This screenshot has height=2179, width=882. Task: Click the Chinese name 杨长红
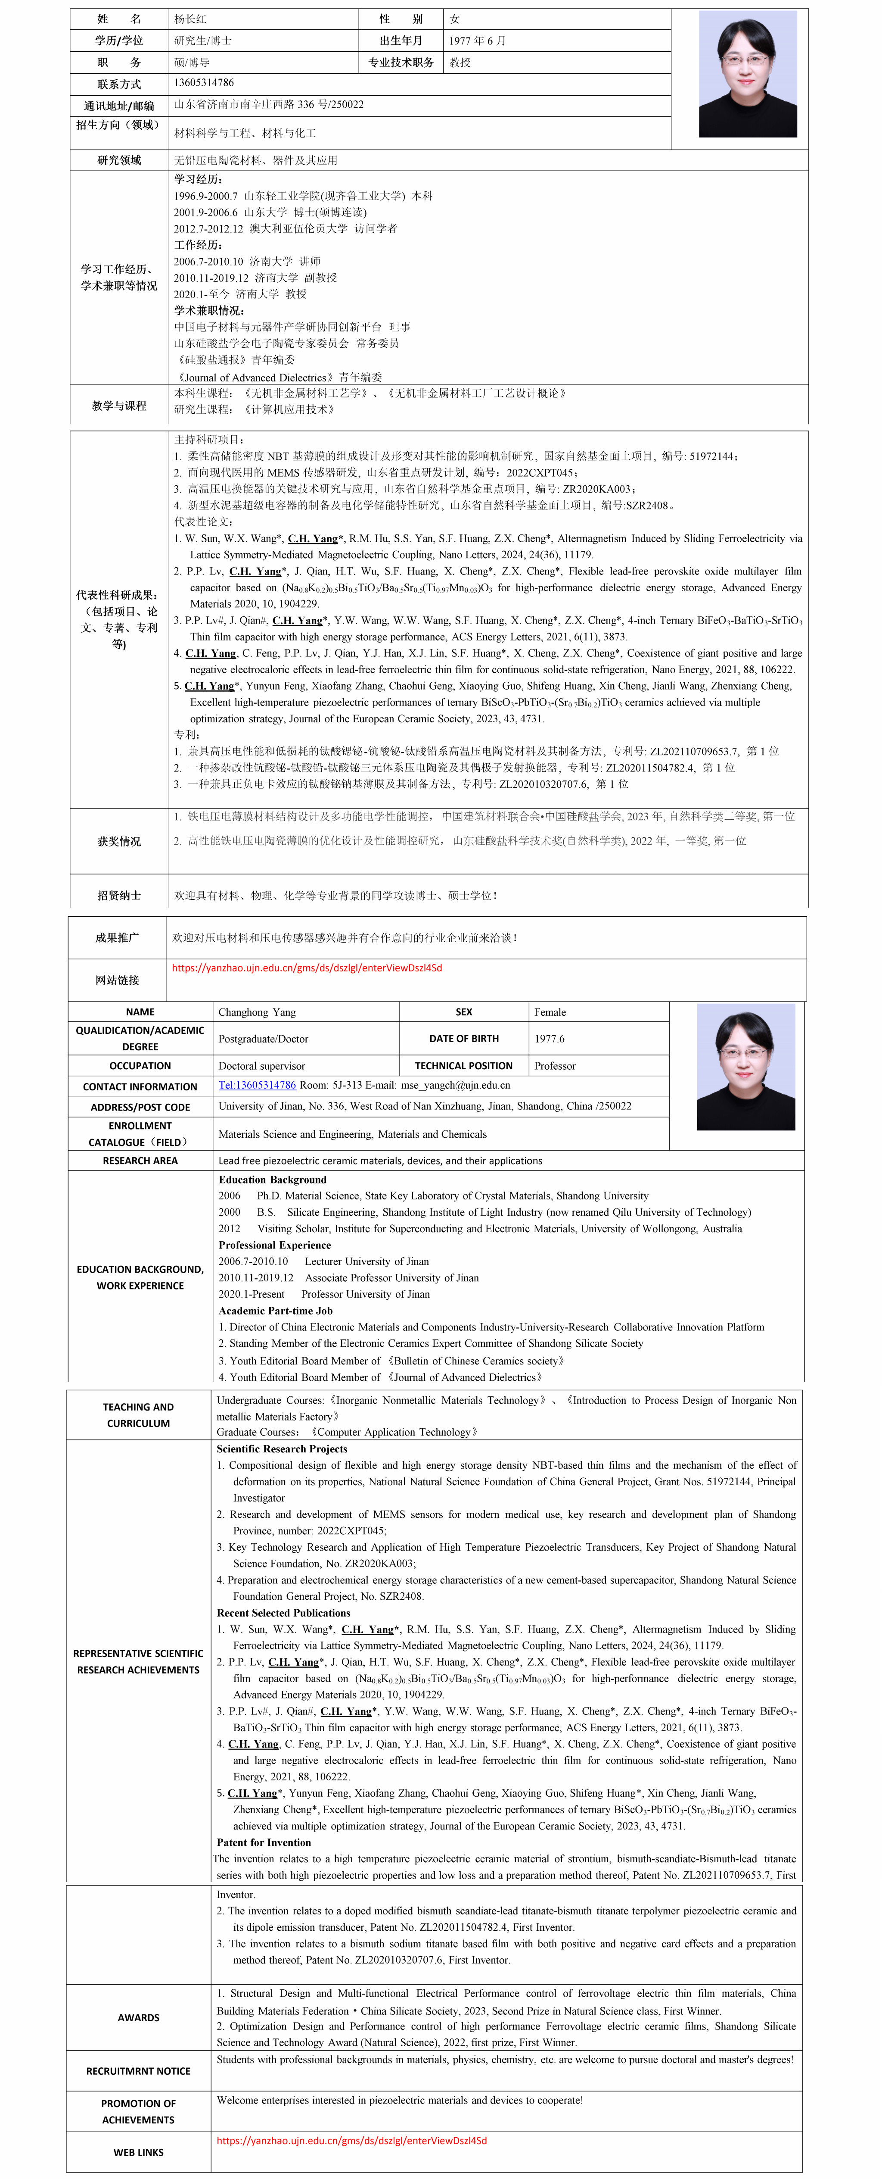[x=190, y=19]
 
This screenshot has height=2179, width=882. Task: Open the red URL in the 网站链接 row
[x=307, y=968]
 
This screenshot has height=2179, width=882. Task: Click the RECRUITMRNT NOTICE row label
[x=139, y=2071]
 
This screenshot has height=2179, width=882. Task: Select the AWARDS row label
[x=139, y=2017]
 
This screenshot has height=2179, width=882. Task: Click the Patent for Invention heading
[x=264, y=1842]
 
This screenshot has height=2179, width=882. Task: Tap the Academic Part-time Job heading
[x=276, y=1310]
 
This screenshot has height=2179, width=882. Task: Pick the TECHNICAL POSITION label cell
[x=463, y=1066]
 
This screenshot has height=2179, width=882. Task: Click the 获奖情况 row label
[x=119, y=842]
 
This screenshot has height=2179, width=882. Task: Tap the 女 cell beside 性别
[x=455, y=19]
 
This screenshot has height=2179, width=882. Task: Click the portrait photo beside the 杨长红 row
[x=748, y=75]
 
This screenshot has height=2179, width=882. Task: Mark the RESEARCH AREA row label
[x=140, y=1161]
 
